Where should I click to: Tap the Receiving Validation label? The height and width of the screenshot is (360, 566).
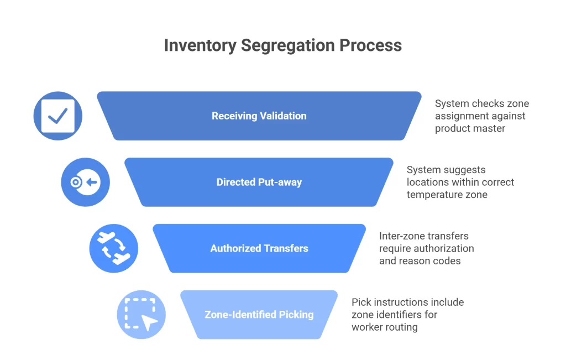coord(259,116)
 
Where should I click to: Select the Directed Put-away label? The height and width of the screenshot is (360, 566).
coord(259,182)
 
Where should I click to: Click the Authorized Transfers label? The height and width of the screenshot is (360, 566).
coord(259,248)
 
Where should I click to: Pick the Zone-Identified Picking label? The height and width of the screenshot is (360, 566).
coord(259,315)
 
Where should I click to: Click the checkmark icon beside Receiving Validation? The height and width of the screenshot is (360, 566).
coord(58,116)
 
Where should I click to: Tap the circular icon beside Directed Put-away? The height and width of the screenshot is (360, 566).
coord(85,182)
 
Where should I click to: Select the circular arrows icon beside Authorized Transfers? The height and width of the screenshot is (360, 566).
coord(113,248)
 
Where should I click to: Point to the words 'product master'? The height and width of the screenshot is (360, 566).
coord(470,128)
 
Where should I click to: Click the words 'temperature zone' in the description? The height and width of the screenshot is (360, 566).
coord(447,195)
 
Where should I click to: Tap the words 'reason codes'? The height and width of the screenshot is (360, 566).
coord(420,261)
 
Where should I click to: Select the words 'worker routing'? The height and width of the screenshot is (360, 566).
coord(384,327)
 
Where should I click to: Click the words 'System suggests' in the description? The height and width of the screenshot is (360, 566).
coord(446,170)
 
